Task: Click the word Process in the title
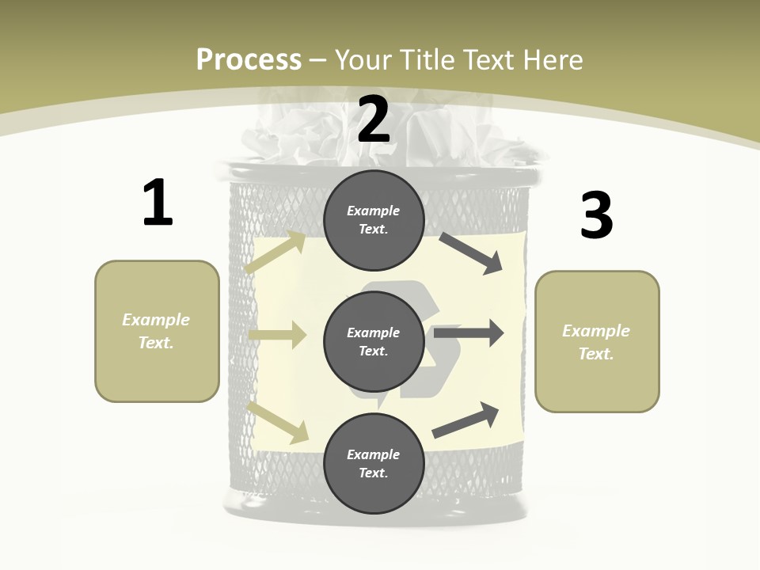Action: [x=249, y=59]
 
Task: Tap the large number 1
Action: [x=158, y=203]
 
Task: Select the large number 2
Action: [x=374, y=120]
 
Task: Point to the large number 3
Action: [x=596, y=215]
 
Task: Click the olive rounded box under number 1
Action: [x=157, y=331]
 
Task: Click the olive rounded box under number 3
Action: [x=597, y=342]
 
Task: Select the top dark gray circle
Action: [x=374, y=220]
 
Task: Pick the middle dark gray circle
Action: [x=374, y=342]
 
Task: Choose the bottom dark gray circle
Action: [x=374, y=464]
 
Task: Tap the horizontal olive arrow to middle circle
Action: [x=277, y=335]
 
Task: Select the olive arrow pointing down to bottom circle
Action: [x=278, y=422]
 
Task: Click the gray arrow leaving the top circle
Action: [x=471, y=253]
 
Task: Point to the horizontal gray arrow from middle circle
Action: [x=469, y=332]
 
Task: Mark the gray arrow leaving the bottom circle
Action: [x=465, y=420]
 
